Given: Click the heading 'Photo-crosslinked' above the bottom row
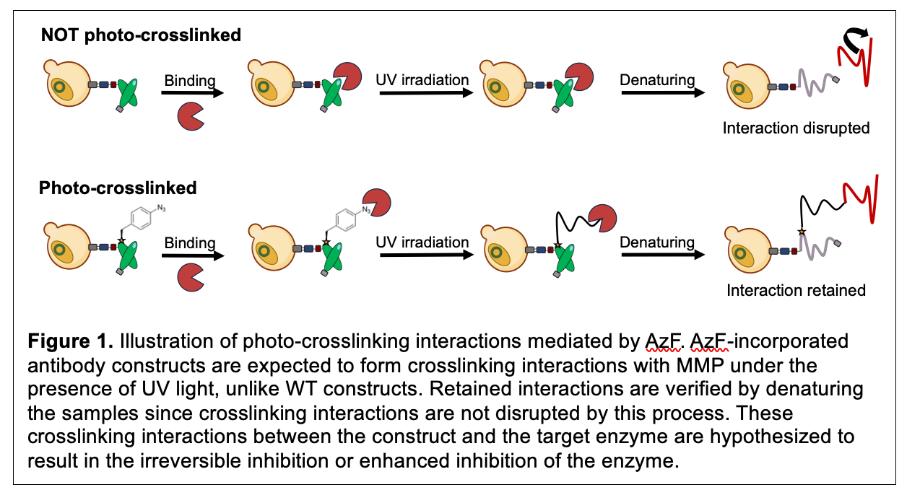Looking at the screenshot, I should [118, 188].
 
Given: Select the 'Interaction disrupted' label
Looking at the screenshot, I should [796, 128].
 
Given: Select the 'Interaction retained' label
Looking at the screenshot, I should [796, 290].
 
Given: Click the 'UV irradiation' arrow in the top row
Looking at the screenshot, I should [422, 93].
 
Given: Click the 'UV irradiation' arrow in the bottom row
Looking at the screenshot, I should [422, 255].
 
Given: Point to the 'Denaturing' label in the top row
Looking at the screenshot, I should [657, 79].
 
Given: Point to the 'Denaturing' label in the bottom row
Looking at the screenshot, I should [657, 242].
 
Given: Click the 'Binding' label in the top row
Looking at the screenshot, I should [190, 79].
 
